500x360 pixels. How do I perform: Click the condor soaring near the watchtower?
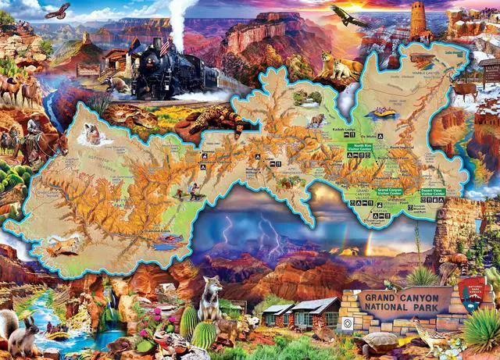(348, 16)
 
